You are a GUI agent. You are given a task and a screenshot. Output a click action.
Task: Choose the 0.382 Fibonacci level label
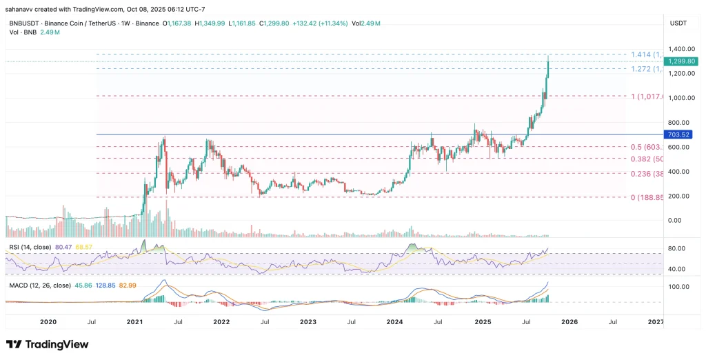(x=647, y=159)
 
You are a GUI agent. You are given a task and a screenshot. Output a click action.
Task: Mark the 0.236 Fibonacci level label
(x=647, y=174)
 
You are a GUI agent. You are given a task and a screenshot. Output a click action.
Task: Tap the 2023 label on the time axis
(x=307, y=321)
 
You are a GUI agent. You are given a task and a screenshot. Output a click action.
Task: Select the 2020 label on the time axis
(x=48, y=321)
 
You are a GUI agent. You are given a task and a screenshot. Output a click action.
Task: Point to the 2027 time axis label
(x=656, y=321)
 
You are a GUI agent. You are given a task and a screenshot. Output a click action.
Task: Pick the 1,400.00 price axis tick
(x=677, y=49)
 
